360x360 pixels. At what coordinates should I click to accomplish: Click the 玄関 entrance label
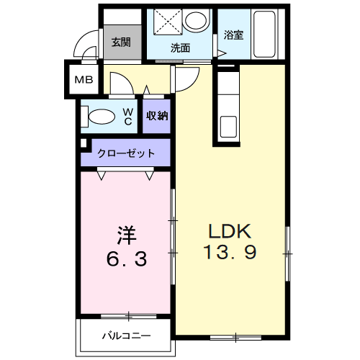click(121, 42)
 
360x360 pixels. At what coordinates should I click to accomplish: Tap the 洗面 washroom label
click(180, 49)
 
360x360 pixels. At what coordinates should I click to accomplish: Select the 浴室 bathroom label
click(233, 35)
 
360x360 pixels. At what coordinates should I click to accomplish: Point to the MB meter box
click(84, 80)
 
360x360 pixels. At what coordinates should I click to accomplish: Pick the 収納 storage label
click(157, 115)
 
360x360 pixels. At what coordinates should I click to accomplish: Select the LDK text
click(229, 232)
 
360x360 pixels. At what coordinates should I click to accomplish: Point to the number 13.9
click(229, 254)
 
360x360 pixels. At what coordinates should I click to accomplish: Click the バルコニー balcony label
click(125, 336)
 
